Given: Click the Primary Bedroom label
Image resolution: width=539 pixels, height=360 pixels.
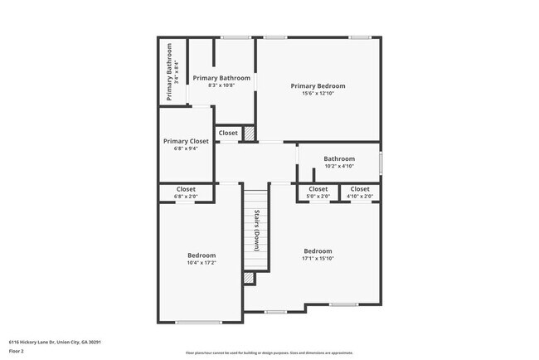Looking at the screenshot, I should click(x=318, y=85).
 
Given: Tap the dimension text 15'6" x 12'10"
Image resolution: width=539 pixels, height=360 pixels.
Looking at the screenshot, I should click(x=318, y=93).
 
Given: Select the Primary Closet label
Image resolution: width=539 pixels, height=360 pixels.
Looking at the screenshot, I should click(x=186, y=142).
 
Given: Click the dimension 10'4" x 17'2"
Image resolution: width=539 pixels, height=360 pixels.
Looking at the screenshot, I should click(x=201, y=263).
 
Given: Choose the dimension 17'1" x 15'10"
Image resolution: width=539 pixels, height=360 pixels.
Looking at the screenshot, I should click(x=318, y=259).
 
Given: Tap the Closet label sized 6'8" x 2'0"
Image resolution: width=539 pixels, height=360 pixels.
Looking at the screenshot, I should click(x=186, y=189).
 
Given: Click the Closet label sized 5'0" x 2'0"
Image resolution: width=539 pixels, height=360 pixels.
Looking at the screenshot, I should click(x=318, y=189).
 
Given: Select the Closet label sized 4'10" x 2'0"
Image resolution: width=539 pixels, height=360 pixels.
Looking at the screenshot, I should click(x=360, y=189).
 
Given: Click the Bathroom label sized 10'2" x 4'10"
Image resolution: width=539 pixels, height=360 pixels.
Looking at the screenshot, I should click(x=339, y=158).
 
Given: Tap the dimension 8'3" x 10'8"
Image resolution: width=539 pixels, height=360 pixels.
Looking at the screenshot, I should click(x=221, y=85).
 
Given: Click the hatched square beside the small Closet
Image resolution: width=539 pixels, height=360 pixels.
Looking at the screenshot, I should click(x=249, y=132).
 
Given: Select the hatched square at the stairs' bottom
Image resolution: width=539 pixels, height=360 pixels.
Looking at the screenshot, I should click(x=248, y=279).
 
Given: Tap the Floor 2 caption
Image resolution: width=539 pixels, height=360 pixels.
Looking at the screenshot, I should click(x=17, y=350).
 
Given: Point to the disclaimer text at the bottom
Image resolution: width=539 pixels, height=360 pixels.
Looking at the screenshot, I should click(x=269, y=353).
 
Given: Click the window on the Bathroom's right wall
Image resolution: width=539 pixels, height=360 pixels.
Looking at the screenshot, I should click(x=381, y=161).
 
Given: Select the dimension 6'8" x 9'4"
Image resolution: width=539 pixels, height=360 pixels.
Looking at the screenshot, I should click(x=186, y=149).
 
